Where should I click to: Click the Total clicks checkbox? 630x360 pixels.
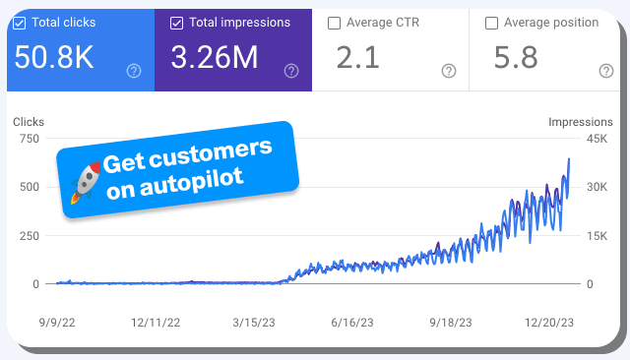(20, 22)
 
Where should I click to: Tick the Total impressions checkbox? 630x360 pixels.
(176, 22)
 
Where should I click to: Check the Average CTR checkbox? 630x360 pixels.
(335, 22)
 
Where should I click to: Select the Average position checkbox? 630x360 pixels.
(491, 22)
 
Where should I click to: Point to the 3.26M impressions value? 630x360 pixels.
(215, 58)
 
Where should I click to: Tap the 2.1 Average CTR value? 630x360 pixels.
(359, 58)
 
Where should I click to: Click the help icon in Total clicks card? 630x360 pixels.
(134, 71)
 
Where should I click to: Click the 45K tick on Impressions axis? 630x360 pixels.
(598, 139)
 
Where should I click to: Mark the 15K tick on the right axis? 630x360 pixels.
(598, 235)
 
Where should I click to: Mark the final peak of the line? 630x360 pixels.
(569, 159)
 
